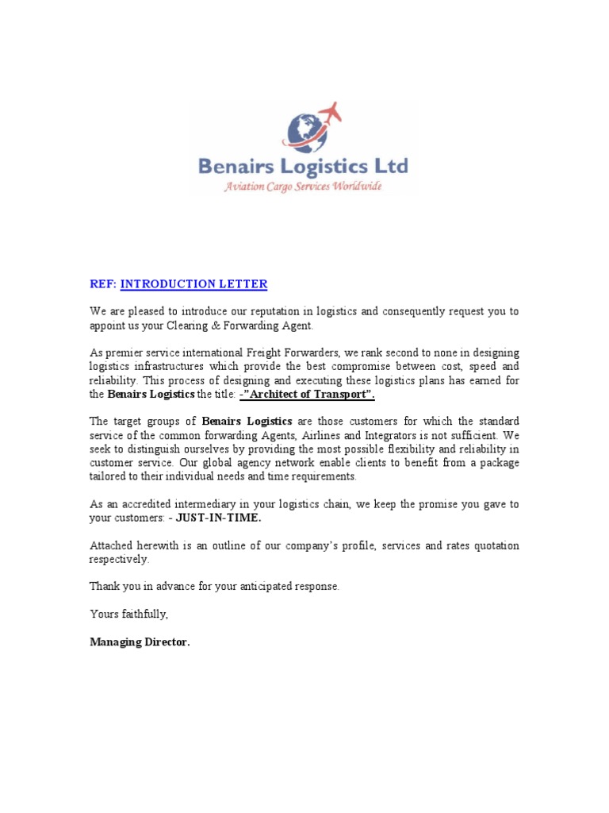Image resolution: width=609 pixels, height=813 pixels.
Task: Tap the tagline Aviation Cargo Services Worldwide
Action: point(303,187)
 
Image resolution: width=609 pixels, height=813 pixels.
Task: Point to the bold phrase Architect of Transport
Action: point(308,395)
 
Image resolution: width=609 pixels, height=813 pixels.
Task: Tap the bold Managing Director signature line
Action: point(140,643)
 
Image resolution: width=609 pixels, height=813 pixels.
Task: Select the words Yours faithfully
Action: point(128,615)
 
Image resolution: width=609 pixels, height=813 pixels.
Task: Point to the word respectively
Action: point(118,560)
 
